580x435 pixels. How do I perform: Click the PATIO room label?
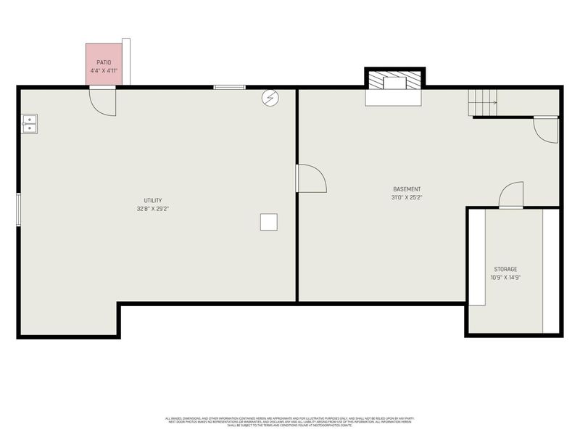pos(104,63)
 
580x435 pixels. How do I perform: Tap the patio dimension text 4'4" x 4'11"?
pos(104,71)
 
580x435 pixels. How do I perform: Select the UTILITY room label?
pos(152,201)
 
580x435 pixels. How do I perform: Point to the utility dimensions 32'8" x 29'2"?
pos(152,209)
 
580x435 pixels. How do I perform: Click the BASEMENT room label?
pos(407,189)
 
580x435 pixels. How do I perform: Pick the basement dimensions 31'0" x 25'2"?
pos(407,197)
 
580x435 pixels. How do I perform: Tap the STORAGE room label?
pos(505,269)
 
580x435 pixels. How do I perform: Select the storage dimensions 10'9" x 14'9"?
pos(505,277)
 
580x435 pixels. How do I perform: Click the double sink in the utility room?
pos(29,124)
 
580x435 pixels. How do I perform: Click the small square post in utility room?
pos(269,221)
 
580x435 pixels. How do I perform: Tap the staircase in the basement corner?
pos(481,102)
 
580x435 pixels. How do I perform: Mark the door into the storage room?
pos(510,196)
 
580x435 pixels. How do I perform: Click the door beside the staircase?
pos(546,129)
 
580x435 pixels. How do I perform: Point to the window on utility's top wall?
pos(229,88)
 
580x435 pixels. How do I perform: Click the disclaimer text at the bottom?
pos(289,421)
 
